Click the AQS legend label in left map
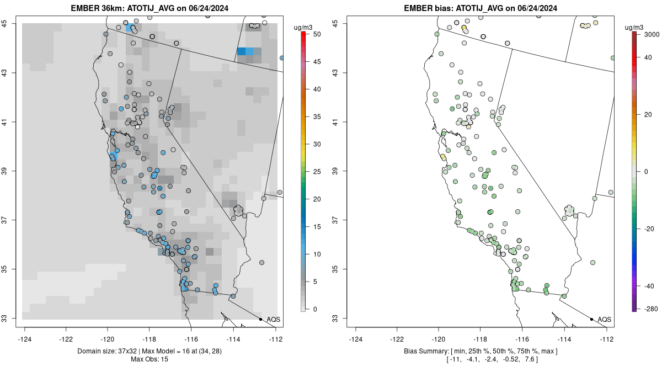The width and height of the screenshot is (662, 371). pyautogui.click(x=274, y=320)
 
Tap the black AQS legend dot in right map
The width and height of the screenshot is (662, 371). pyautogui.click(x=591, y=319)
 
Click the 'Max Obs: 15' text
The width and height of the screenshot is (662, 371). pyautogui.click(x=150, y=359)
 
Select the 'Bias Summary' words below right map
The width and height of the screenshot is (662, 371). pyautogui.click(x=428, y=352)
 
